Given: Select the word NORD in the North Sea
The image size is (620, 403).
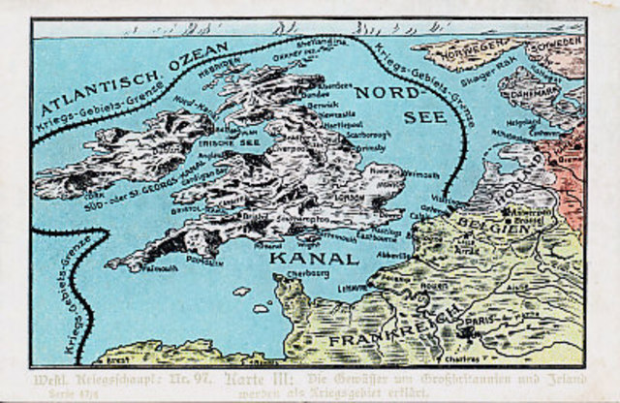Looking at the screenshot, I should pyautogui.click(x=384, y=93).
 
